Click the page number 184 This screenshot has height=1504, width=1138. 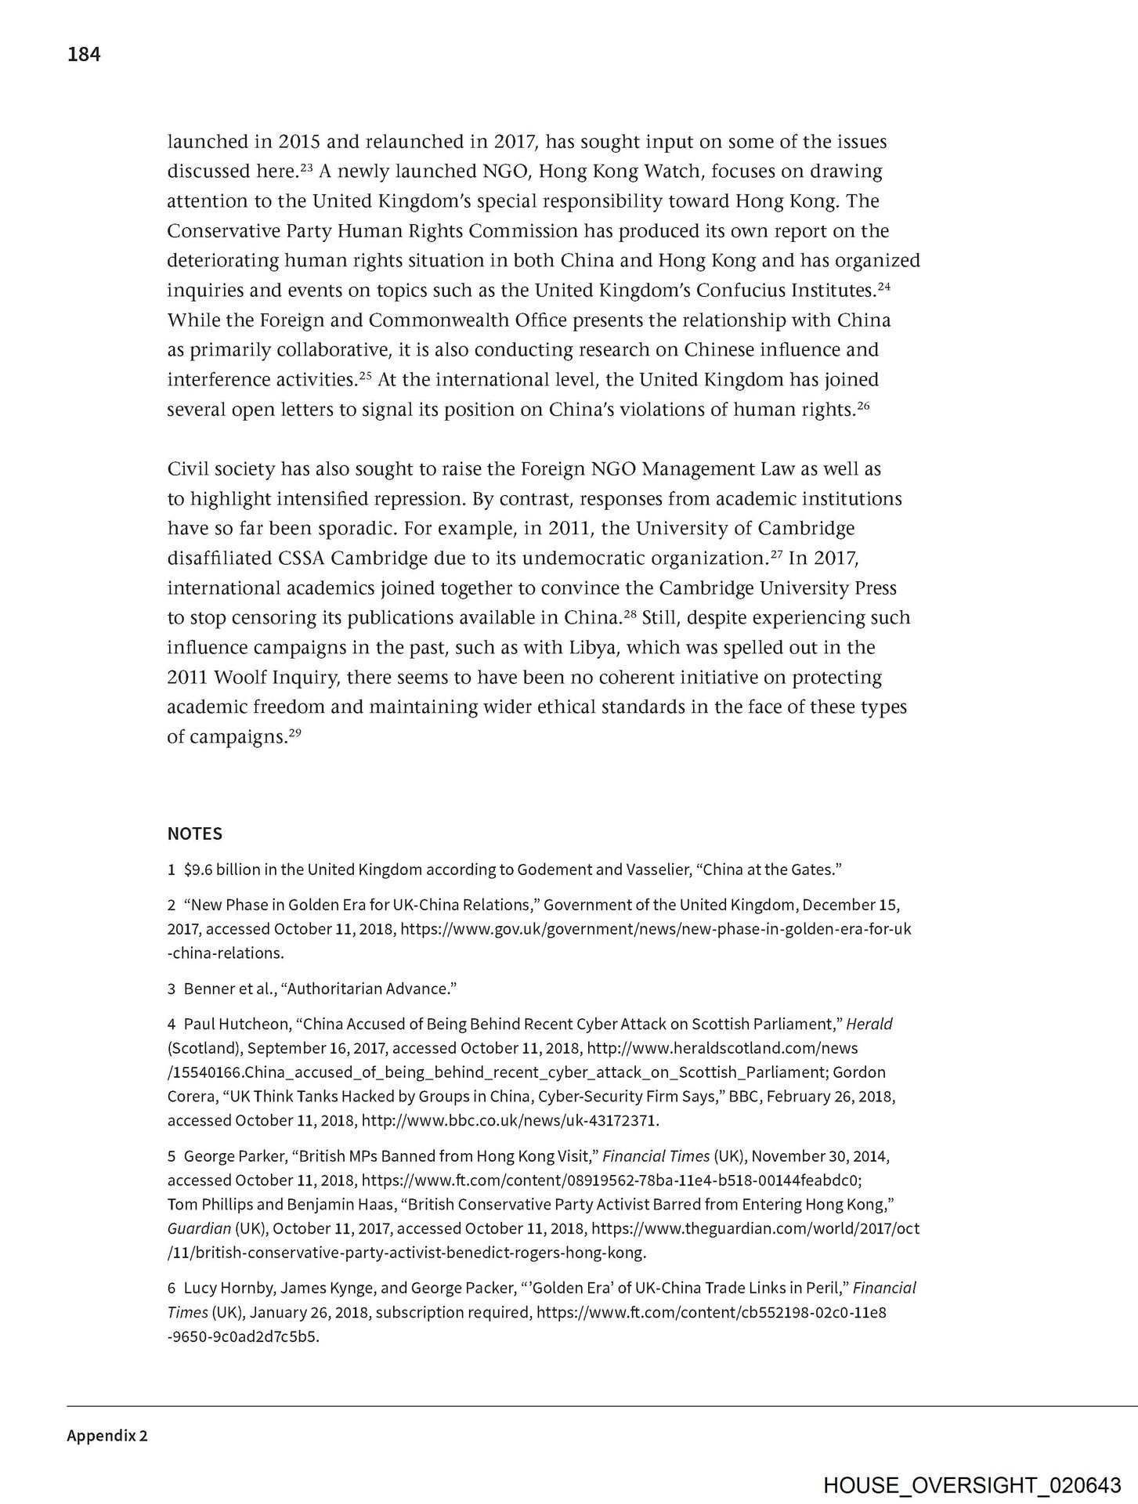(84, 55)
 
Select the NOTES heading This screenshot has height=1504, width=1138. (194, 833)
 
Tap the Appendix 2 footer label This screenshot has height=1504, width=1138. (107, 1436)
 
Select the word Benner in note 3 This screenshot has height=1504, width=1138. (206, 989)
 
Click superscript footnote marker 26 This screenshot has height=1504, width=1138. (863, 405)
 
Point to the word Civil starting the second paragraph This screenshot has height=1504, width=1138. (189, 469)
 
